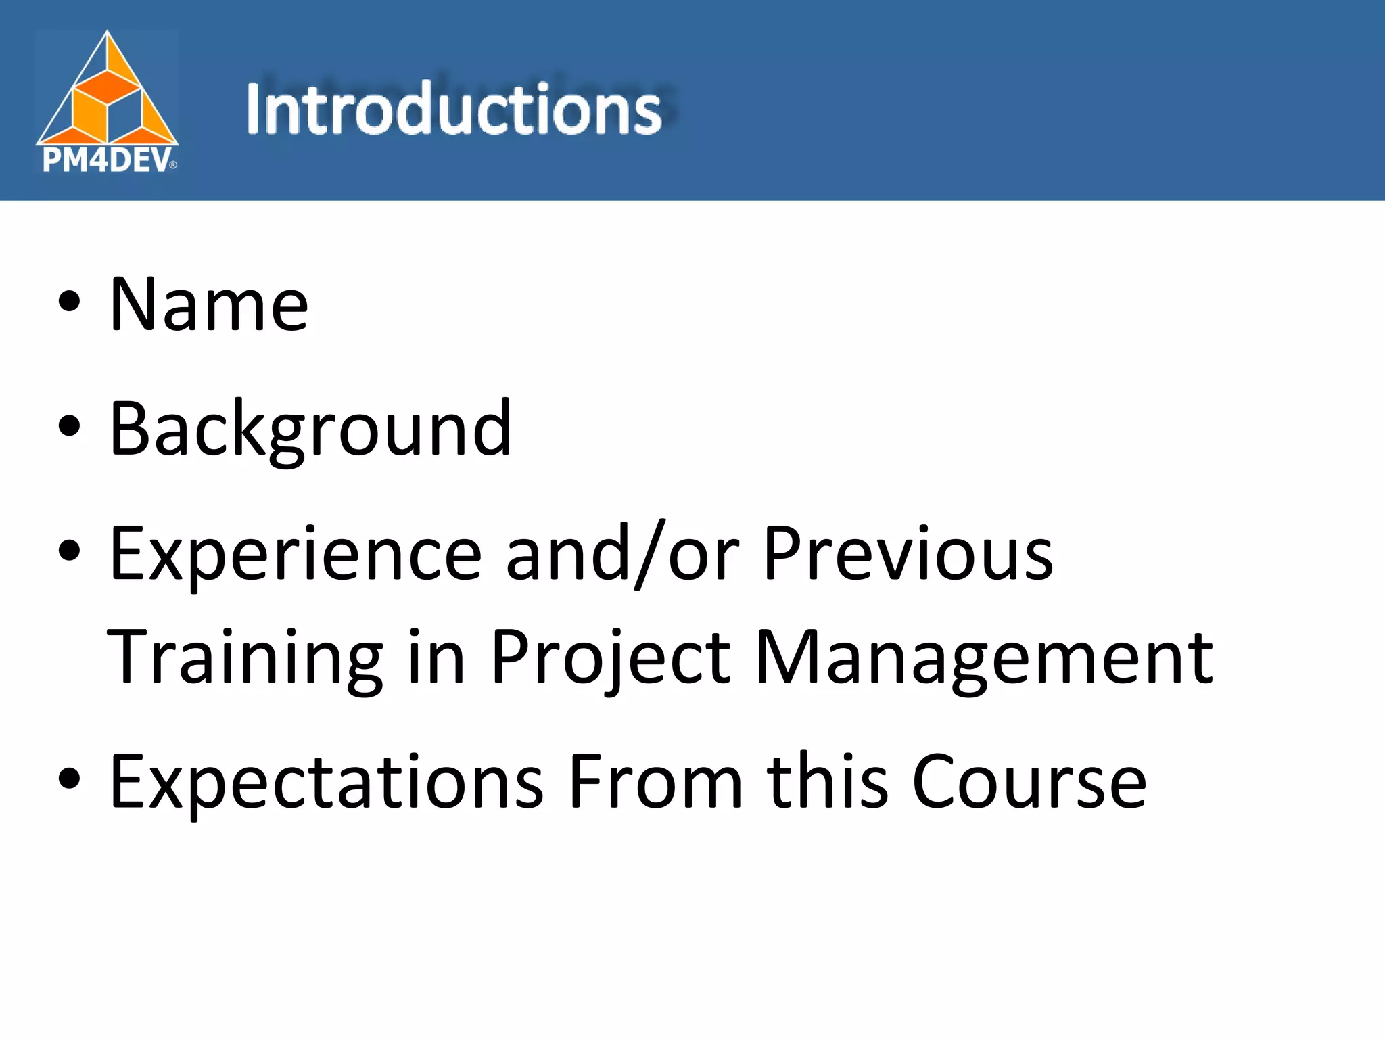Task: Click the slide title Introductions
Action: (453, 108)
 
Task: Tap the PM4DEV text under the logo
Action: (107, 161)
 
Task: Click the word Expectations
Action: (327, 783)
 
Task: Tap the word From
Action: (655, 783)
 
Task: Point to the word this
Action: (827, 783)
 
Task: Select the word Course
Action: (1029, 783)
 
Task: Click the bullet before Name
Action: (69, 302)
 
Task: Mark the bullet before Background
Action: (69, 427)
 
